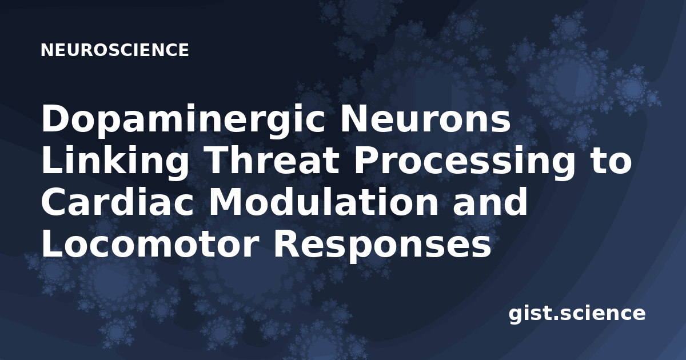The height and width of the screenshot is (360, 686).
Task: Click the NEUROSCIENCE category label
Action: click(115, 50)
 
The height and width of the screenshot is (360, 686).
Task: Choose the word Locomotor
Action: click(149, 244)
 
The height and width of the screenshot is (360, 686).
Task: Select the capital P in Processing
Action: click(367, 161)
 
